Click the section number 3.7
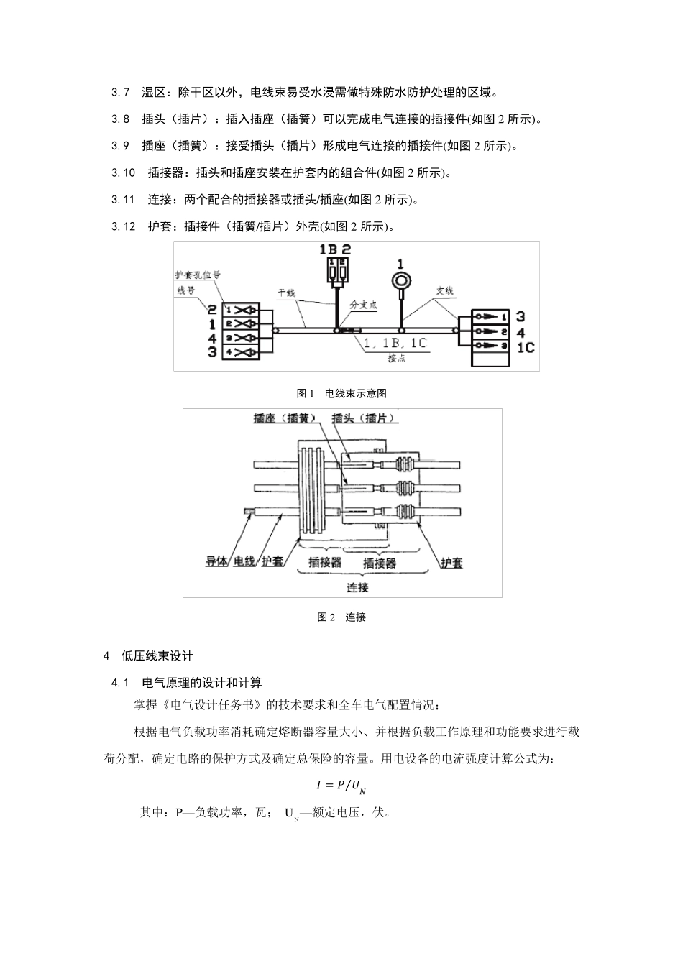point(120,92)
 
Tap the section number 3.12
point(124,227)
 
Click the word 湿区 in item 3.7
point(154,92)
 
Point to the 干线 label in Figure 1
point(287,293)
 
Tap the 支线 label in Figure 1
point(445,292)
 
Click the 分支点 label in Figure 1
point(363,305)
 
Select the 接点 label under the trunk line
point(397,357)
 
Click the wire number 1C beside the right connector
point(526,348)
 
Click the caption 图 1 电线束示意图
point(342,393)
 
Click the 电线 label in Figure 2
point(244,562)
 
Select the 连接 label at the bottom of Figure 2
point(357,587)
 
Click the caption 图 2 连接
point(341,617)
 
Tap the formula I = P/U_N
point(341,786)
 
